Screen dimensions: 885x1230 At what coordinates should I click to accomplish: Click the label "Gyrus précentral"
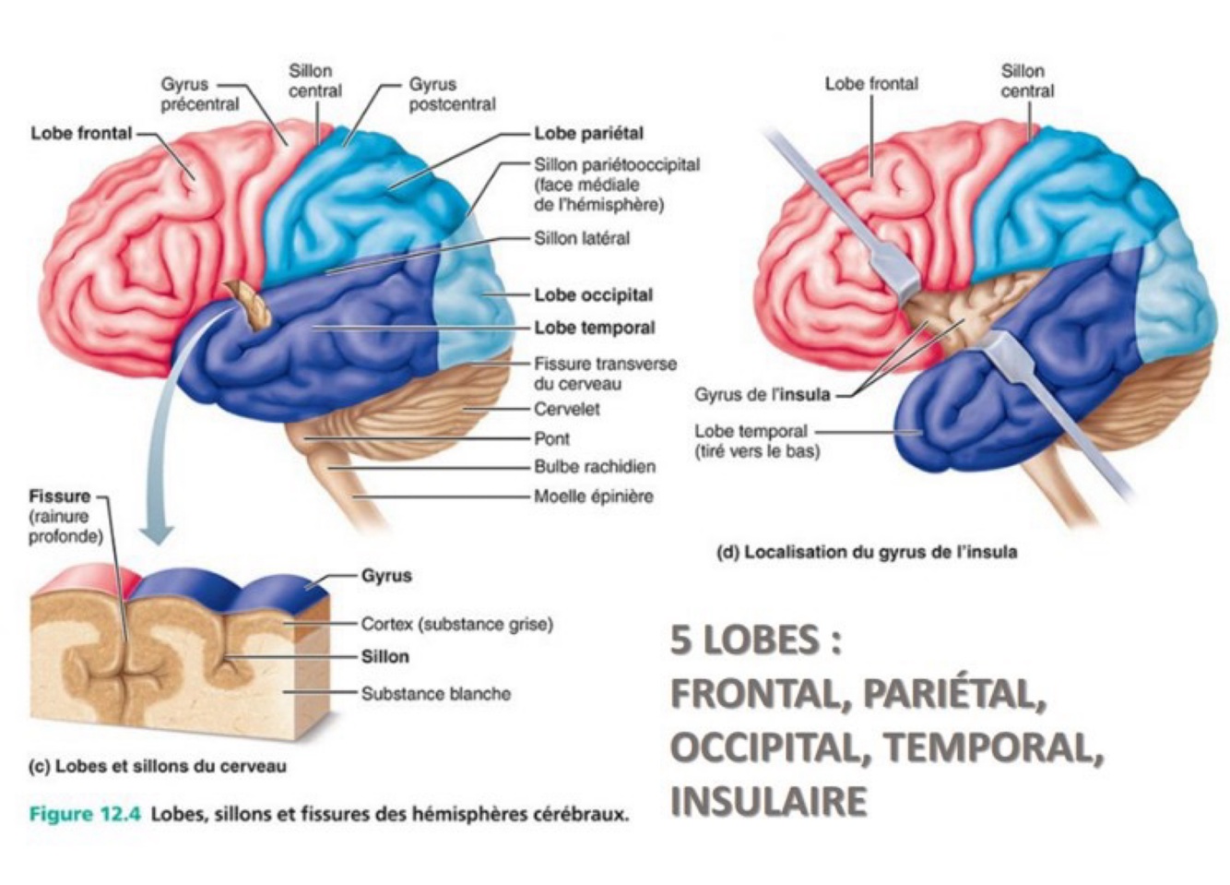click(199, 94)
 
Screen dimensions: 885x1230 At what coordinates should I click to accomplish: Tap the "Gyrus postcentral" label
click(452, 94)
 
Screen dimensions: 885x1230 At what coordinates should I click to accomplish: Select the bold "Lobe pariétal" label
click(588, 134)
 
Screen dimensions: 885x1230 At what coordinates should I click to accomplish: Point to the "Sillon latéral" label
click(582, 238)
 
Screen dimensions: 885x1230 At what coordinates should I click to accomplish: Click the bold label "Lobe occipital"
click(593, 295)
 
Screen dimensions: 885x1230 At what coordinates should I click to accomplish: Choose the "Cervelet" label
click(566, 409)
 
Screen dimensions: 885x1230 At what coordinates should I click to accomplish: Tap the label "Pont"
click(551, 438)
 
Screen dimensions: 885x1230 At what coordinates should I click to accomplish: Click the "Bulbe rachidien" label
click(595, 467)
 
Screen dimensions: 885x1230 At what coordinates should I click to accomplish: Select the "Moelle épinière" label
click(593, 496)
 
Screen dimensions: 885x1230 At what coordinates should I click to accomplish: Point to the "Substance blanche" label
click(435, 694)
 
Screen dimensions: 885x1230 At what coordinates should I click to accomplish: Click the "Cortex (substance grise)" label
click(456, 625)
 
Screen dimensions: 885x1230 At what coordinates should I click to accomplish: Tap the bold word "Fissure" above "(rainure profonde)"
click(61, 496)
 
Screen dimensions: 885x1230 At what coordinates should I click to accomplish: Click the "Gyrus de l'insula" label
click(762, 395)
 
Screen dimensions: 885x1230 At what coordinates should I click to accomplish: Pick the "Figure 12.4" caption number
click(85, 815)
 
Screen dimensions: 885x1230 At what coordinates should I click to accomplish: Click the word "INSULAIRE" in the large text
click(768, 801)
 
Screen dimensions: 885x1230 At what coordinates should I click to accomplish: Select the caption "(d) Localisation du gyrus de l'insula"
click(867, 553)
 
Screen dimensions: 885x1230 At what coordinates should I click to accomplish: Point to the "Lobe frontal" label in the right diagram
click(870, 84)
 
